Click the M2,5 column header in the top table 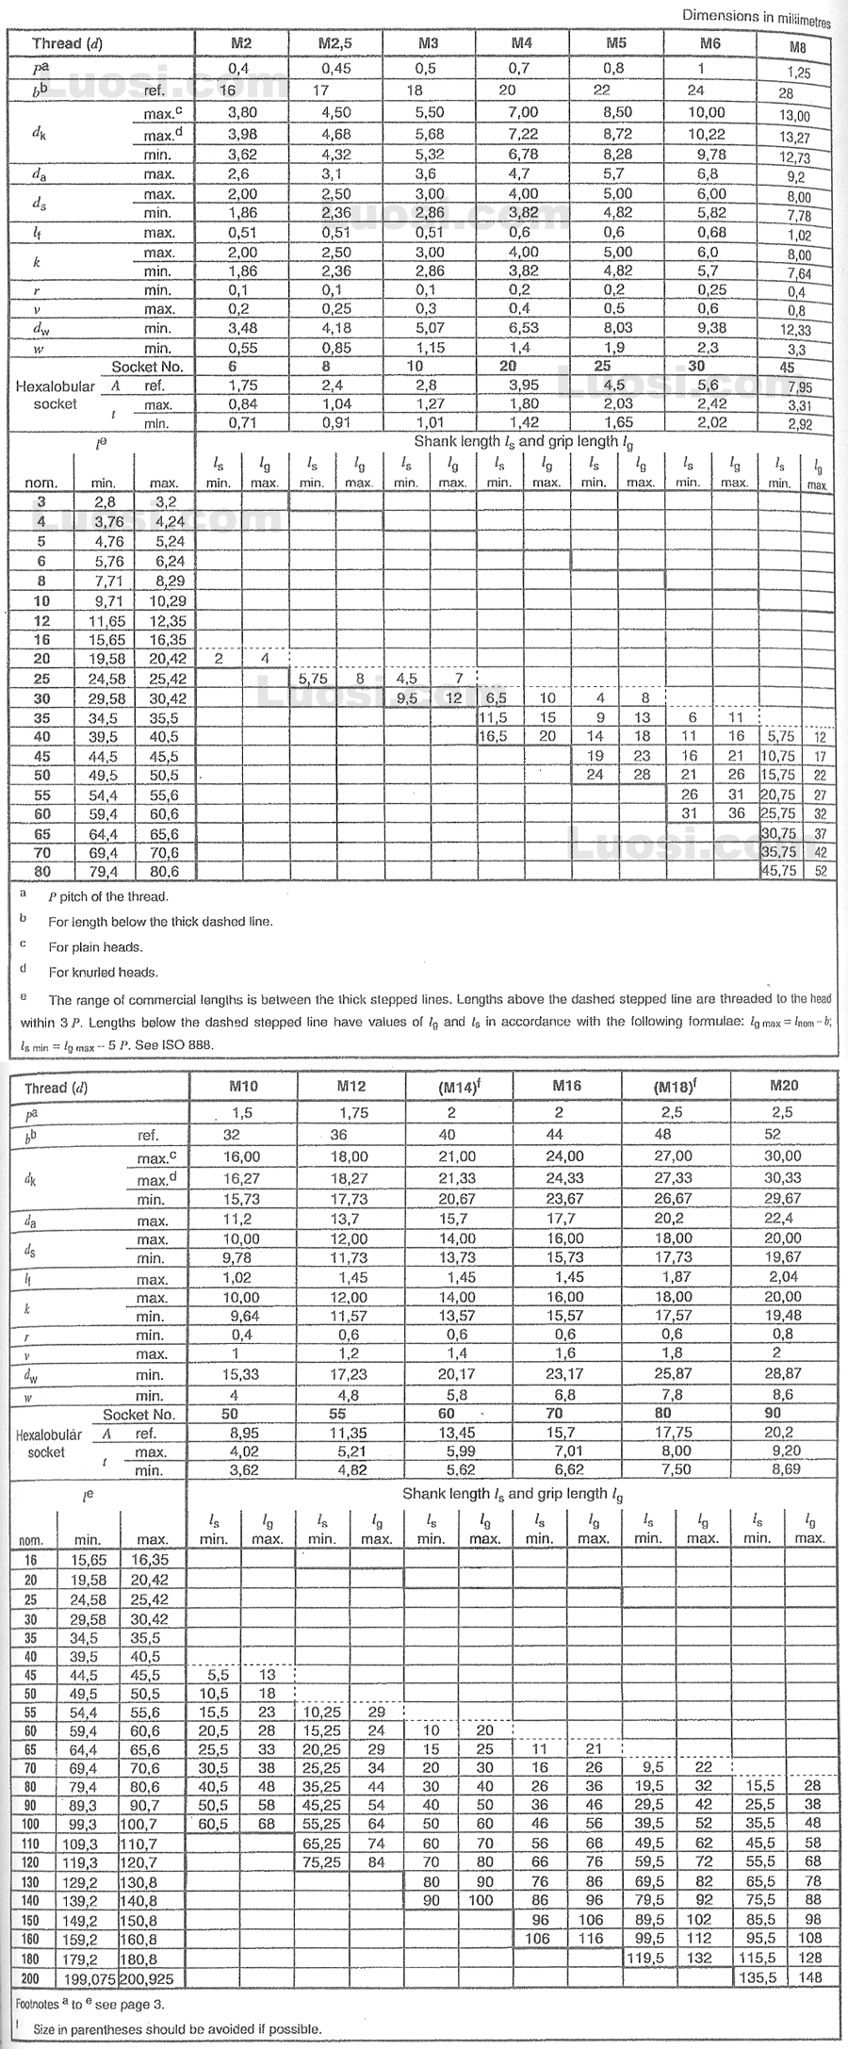click(x=335, y=43)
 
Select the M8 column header click(x=796, y=48)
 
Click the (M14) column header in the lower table click(x=459, y=1086)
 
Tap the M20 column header click(x=783, y=1085)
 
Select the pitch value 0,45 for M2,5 click(x=335, y=68)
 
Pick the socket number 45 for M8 click(x=787, y=368)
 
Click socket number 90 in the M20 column click(x=772, y=1413)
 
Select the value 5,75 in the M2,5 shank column click(x=312, y=679)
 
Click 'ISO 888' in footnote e click(x=188, y=1045)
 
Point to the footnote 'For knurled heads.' click(x=104, y=973)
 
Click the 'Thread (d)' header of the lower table click(x=57, y=1088)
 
